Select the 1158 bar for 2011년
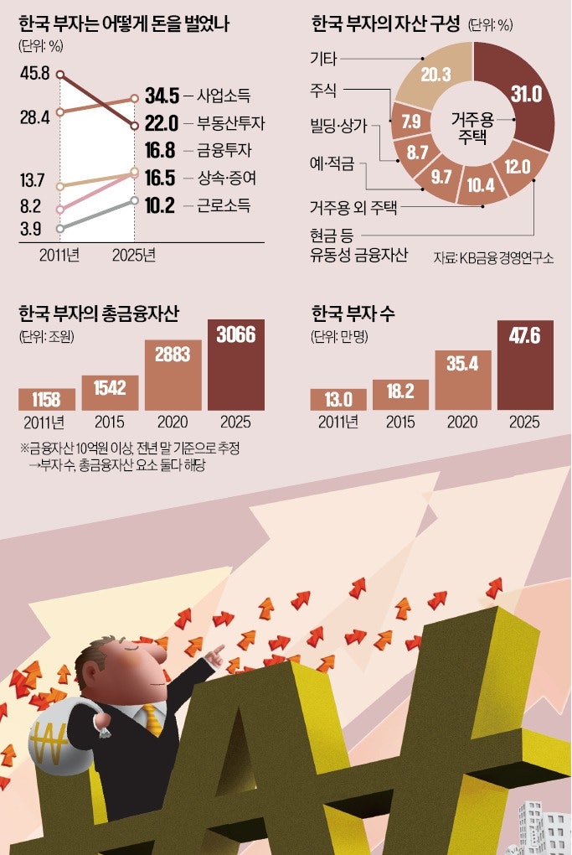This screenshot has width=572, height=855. point(47,398)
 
